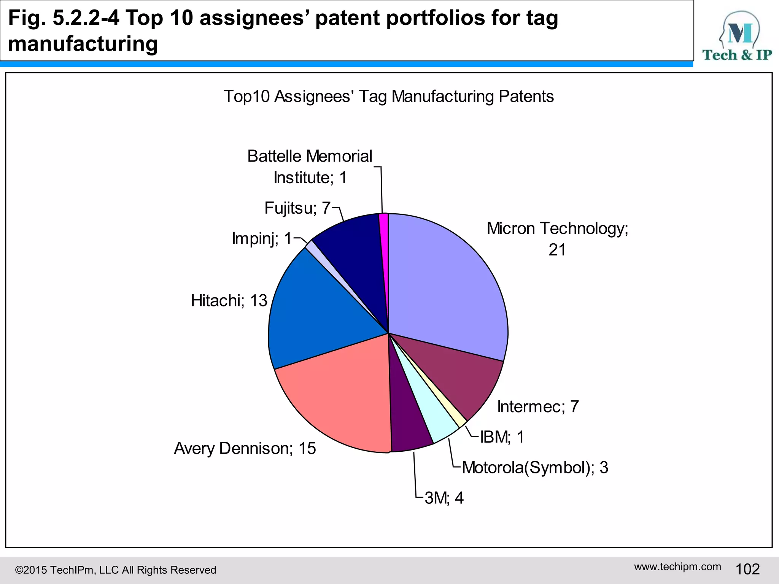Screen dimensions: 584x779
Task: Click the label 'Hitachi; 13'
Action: click(x=229, y=301)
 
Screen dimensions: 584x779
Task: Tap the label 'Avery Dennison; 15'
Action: click(x=245, y=449)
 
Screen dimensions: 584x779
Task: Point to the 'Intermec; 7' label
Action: click(x=538, y=407)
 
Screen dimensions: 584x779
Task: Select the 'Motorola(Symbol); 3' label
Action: click(x=535, y=468)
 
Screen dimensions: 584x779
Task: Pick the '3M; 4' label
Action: click(x=444, y=498)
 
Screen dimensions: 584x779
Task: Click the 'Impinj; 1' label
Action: click(x=262, y=239)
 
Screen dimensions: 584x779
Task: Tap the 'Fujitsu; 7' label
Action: click(x=297, y=208)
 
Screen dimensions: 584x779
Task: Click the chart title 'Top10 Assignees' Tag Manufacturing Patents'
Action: click(x=389, y=97)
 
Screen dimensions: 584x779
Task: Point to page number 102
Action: click(x=747, y=569)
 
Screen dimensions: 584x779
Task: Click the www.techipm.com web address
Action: click(x=677, y=567)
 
